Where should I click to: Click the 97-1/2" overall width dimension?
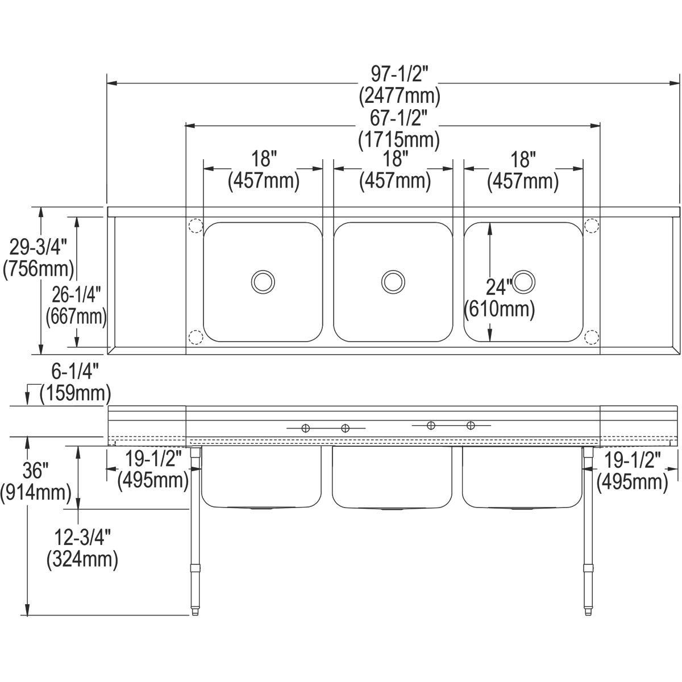400,73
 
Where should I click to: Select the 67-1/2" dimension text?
400,118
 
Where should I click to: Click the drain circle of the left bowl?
263,281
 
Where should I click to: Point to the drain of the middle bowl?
393,281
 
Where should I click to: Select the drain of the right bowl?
523,281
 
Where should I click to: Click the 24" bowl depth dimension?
499,284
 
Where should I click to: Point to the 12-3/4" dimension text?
82,537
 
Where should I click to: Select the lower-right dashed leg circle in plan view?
592,337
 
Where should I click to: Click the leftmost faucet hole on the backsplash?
305,429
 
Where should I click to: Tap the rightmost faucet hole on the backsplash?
471,425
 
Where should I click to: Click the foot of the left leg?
196,612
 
